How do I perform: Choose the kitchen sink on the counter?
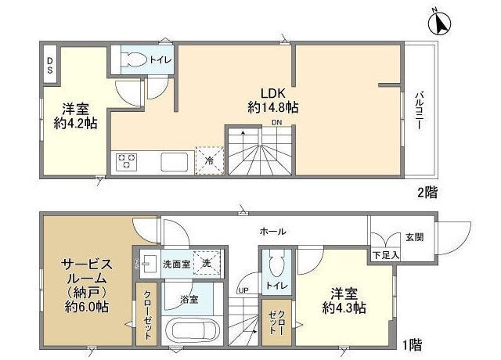174,162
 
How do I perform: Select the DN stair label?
277,123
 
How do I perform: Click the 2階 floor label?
427,192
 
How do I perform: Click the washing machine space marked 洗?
206,264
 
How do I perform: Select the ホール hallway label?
272,232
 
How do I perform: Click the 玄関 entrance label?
413,237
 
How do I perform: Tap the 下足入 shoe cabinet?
384,254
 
